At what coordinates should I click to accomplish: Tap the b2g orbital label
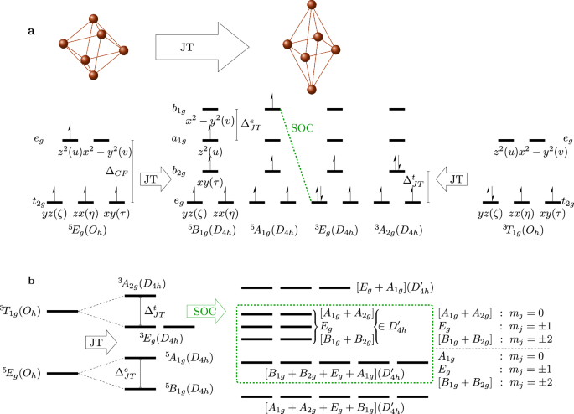tap(178, 173)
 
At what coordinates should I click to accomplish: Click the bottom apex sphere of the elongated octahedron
tap(312, 89)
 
